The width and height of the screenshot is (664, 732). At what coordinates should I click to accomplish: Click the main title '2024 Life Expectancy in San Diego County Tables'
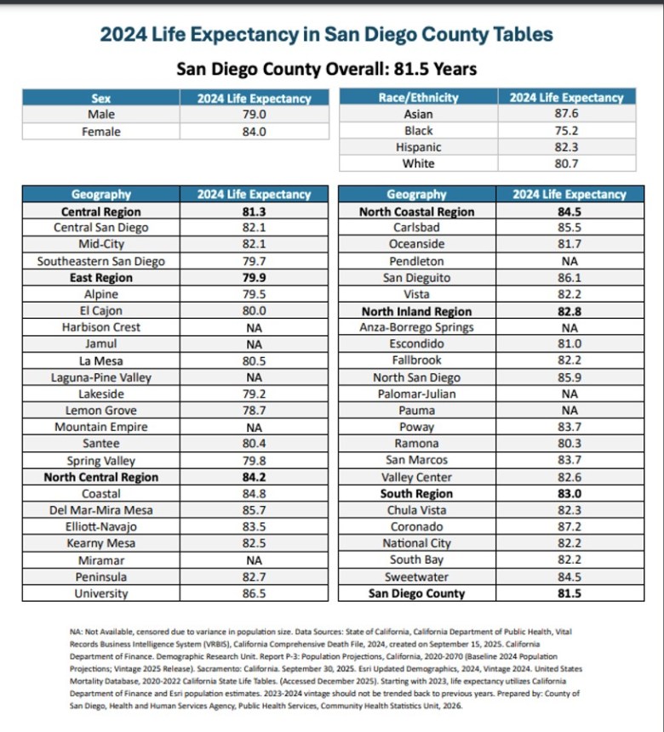point(327,35)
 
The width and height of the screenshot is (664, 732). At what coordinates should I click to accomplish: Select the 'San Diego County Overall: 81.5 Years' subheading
point(327,69)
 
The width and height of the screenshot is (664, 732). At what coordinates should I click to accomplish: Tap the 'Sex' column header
point(101,99)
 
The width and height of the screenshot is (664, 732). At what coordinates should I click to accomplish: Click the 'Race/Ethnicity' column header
point(418,98)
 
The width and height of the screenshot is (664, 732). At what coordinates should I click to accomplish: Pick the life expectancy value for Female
point(255,132)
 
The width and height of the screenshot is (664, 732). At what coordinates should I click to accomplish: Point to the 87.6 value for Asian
point(566,114)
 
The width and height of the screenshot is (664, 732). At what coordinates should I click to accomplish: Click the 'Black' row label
point(418,131)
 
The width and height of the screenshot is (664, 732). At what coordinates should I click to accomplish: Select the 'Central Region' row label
point(101,212)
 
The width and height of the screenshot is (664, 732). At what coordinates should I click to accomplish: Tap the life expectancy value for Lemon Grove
point(255,411)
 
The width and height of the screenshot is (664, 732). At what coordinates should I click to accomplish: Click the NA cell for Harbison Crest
point(255,327)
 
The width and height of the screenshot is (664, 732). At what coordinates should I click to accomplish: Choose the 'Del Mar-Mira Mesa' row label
point(101,510)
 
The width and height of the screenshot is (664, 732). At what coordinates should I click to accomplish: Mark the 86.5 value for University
point(255,593)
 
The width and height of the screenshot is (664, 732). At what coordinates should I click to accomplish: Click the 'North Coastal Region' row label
point(416,212)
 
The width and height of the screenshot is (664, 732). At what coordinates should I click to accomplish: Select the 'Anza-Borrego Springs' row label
point(416,327)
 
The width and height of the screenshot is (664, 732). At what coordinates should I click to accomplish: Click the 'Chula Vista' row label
point(416,510)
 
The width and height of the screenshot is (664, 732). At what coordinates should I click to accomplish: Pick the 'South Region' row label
point(416,494)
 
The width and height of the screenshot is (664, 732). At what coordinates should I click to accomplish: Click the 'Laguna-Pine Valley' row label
point(101,377)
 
